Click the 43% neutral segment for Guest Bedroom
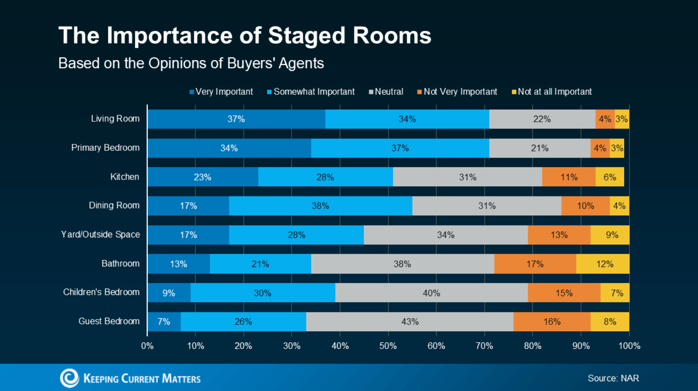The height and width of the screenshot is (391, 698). [410, 322]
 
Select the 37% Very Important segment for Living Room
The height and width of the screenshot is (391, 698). [236, 119]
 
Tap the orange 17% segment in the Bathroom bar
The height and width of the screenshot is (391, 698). [535, 264]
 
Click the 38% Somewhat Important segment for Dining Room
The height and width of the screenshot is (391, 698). [320, 206]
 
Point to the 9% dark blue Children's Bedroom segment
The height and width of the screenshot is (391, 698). [169, 293]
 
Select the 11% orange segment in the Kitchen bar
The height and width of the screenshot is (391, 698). [569, 177]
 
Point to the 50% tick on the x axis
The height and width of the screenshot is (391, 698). [388, 346]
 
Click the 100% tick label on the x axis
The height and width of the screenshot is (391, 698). [629, 346]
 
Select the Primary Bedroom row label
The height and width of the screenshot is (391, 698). [105, 148]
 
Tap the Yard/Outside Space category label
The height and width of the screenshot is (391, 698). [100, 234]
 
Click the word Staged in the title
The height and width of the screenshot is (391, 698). [307, 35]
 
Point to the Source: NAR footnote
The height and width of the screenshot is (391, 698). [613, 378]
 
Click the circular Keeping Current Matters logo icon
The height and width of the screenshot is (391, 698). [69, 378]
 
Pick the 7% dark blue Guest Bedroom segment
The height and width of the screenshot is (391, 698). [164, 322]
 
